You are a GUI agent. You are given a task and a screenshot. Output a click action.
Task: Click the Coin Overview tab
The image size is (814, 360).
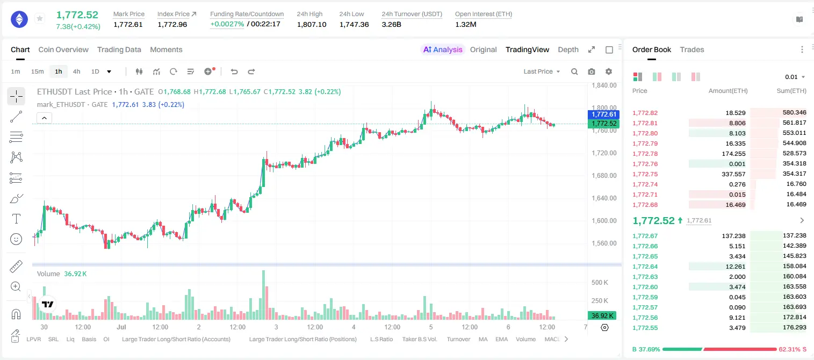coord(63,49)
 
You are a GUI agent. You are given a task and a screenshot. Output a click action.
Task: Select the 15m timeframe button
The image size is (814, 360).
coord(37,71)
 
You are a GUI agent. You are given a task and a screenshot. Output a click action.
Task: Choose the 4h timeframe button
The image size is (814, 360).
coord(76,71)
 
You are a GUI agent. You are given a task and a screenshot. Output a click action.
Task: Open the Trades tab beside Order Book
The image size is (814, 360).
coord(692,49)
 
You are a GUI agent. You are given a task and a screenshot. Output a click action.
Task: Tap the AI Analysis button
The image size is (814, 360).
coord(443,49)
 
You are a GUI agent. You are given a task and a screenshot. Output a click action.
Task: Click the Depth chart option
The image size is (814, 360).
coord(568,49)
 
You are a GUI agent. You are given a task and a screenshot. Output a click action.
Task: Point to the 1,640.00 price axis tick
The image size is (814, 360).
coord(604,198)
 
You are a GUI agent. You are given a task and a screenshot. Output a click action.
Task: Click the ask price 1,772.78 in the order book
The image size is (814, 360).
coord(645,154)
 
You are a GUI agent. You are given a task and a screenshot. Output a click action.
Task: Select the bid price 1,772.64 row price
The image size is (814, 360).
coord(645,267)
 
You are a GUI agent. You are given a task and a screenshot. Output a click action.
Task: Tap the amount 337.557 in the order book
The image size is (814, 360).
coord(733,174)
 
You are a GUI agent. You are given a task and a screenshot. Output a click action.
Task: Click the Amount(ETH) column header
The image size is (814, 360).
coord(728,91)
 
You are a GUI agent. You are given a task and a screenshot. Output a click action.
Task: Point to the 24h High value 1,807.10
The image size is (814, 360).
coord(312,24)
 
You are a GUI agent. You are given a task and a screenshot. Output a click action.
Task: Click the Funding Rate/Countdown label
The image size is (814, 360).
coord(247,14)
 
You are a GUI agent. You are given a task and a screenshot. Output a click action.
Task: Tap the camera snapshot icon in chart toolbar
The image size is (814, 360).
coord(592,71)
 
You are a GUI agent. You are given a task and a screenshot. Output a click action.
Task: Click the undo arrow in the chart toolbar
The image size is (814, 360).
coord(234,71)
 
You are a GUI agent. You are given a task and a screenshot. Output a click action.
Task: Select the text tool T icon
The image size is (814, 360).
coord(16,219)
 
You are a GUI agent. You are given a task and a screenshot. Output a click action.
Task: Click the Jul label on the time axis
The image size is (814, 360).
coord(121,327)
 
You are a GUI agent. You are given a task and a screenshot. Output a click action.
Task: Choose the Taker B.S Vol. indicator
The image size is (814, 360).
coord(419,339)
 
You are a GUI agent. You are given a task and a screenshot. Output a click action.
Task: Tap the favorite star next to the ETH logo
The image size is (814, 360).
coord(40,18)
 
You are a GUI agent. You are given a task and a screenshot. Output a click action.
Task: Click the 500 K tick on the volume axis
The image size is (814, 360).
coord(600,282)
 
